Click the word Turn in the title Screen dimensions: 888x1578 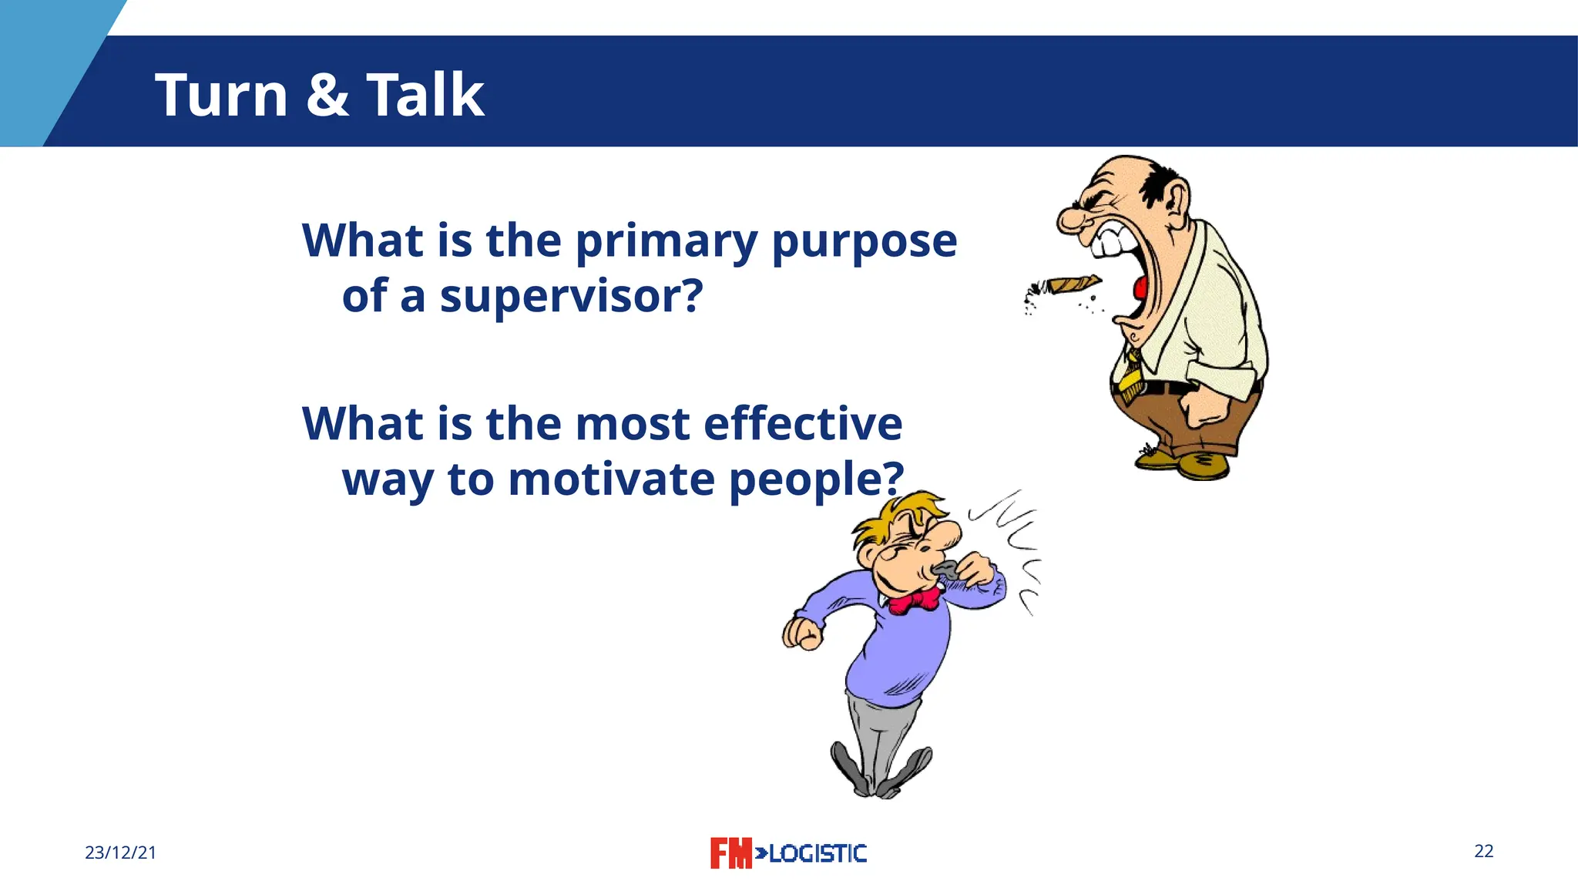pyautogui.click(x=221, y=95)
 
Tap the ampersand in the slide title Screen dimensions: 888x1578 pyautogui.click(x=327, y=95)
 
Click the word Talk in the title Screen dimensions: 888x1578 pyautogui.click(x=425, y=95)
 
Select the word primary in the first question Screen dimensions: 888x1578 pyautogui.click(x=666, y=242)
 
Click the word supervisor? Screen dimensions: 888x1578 pyautogui.click(x=571, y=296)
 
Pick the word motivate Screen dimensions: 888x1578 pyautogui.click(x=611, y=479)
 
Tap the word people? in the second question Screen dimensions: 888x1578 pyautogui.click(x=815, y=480)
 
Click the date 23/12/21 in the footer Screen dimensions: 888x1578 pyautogui.click(x=120, y=853)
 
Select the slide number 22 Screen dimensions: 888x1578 pyautogui.click(x=1483, y=851)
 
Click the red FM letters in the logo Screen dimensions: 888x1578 pyautogui.click(x=730, y=853)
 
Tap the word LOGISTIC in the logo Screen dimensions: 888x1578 pyautogui.click(x=818, y=853)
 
